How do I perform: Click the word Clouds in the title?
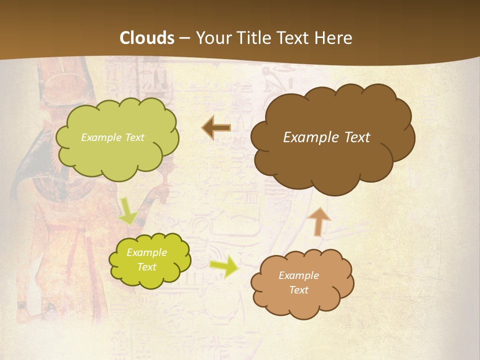(147, 38)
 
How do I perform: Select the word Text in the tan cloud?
(298, 290)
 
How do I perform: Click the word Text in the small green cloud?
(146, 267)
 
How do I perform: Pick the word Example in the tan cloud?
(298, 275)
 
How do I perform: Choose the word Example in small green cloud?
(146, 252)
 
